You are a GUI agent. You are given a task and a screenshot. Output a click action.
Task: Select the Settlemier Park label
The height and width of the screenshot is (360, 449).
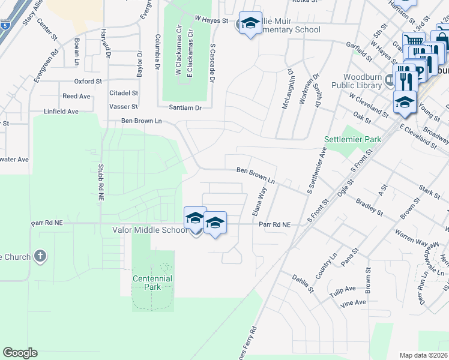click(x=353, y=139)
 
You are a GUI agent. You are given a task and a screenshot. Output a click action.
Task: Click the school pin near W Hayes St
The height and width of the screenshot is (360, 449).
click(x=250, y=24)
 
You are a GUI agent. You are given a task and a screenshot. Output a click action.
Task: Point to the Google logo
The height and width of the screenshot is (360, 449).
click(x=20, y=353)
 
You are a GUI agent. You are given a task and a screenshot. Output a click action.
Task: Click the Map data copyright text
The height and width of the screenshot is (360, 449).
click(x=424, y=355)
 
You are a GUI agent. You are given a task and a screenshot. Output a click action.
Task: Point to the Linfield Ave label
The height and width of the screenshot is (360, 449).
click(x=61, y=112)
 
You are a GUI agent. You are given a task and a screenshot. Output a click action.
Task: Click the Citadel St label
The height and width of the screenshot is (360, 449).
click(x=124, y=93)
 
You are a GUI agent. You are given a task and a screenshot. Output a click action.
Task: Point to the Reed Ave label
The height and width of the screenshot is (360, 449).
click(x=76, y=96)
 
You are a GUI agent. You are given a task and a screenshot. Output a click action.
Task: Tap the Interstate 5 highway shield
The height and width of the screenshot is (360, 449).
click(x=5, y=25)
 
